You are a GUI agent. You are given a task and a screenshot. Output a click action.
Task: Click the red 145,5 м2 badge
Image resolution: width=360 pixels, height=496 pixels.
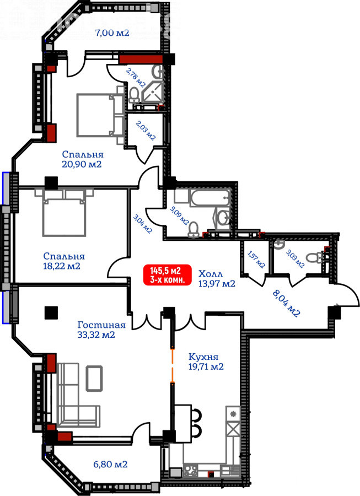click(x=168, y=274)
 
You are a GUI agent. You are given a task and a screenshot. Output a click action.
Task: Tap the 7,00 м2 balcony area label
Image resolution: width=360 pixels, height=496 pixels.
click(x=112, y=33)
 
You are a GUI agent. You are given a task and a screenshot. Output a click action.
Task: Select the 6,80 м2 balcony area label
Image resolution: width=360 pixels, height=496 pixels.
click(x=110, y=465)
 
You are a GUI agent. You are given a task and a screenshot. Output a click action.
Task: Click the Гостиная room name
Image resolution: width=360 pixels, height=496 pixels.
click(x=101, y=325)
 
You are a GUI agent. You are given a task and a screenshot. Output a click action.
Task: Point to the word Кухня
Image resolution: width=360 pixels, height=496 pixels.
click(x=203, y=357)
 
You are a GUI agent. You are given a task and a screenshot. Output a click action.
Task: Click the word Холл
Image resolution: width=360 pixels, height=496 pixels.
click(x=211, y=273)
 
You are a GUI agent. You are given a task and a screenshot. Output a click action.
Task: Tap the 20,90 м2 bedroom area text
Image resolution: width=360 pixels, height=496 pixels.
click(x=82, y=164)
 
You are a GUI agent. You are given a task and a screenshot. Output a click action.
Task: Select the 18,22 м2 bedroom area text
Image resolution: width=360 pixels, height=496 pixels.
click(x=62, y=266)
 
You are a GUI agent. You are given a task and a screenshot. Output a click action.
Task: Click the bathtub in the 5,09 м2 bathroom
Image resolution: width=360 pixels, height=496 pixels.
click(x=209, y=198)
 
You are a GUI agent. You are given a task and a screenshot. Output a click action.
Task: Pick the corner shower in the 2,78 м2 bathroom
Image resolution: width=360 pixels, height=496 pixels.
click(x=153, y=91)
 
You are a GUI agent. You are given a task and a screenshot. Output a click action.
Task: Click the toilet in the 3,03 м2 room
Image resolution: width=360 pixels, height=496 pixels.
click(x=315, y=257)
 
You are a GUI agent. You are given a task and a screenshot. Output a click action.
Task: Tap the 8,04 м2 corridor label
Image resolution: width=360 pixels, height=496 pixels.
click(x=286, y=304)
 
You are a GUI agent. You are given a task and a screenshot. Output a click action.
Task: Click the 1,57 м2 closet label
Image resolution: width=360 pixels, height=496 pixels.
click(x=256, y=260)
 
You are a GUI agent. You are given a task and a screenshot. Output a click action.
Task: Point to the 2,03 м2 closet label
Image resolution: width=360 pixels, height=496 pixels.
click(x=146, y=130)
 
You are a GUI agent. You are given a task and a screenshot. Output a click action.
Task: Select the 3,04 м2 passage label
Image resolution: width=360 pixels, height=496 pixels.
click(x=143, y=224)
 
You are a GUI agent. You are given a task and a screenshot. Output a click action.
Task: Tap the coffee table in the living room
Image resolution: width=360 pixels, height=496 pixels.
click(x=94, y=378)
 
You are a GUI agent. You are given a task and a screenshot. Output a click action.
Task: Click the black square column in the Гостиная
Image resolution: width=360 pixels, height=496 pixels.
click(x=51, y=312)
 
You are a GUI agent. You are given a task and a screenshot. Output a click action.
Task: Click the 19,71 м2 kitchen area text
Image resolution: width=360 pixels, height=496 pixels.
click(x=206, y=367)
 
